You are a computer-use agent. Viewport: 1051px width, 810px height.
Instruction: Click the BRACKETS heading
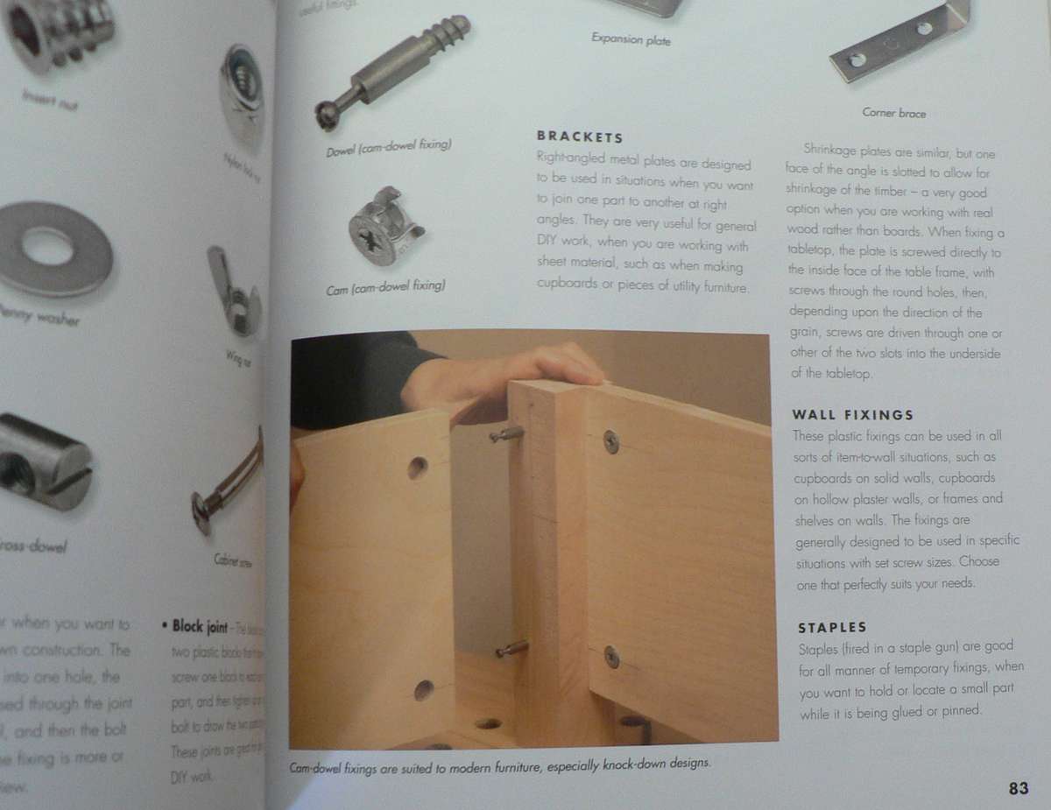click(x=579, y=137)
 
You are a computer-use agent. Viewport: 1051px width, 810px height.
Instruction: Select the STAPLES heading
click(x=832, y=628)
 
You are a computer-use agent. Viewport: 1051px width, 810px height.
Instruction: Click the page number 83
click(x=1018, y=788)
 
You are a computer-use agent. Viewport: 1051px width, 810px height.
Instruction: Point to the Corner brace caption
click(x=893, y=113)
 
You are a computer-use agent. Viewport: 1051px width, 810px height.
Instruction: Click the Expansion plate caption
click(x=631, y=39)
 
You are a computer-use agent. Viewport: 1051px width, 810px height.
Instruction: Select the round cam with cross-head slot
click(x=385, y=226)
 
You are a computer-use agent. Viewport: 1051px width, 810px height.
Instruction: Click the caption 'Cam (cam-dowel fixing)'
click(x=386, y=286)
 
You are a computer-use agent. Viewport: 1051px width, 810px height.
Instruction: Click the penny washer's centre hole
click(x=47, y=247)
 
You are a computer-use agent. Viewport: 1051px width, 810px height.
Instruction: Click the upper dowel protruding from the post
click(x=505, y=433)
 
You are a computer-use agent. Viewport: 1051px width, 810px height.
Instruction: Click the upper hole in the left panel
click(x=417, y=468)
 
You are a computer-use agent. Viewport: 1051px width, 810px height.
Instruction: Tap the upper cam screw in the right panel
click(x=610, y=442)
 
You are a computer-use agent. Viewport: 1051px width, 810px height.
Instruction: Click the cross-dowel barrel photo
click(x=44, y=463)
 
